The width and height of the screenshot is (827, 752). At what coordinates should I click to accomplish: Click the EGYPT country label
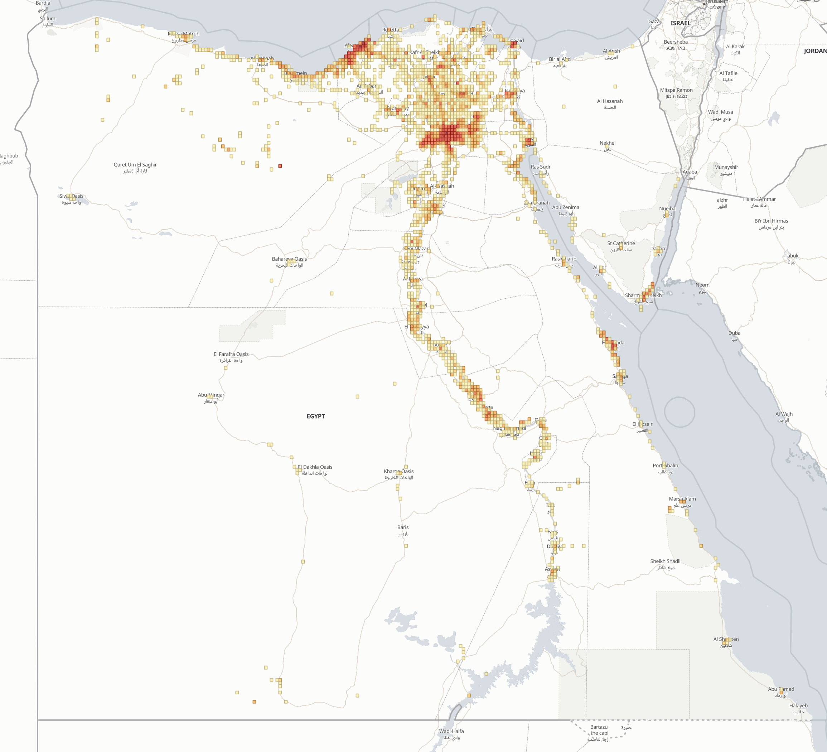[315, 416]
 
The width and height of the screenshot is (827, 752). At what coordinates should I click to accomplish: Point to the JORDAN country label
[815, 51]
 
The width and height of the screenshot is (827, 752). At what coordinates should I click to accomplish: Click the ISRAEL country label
[680, 23]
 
